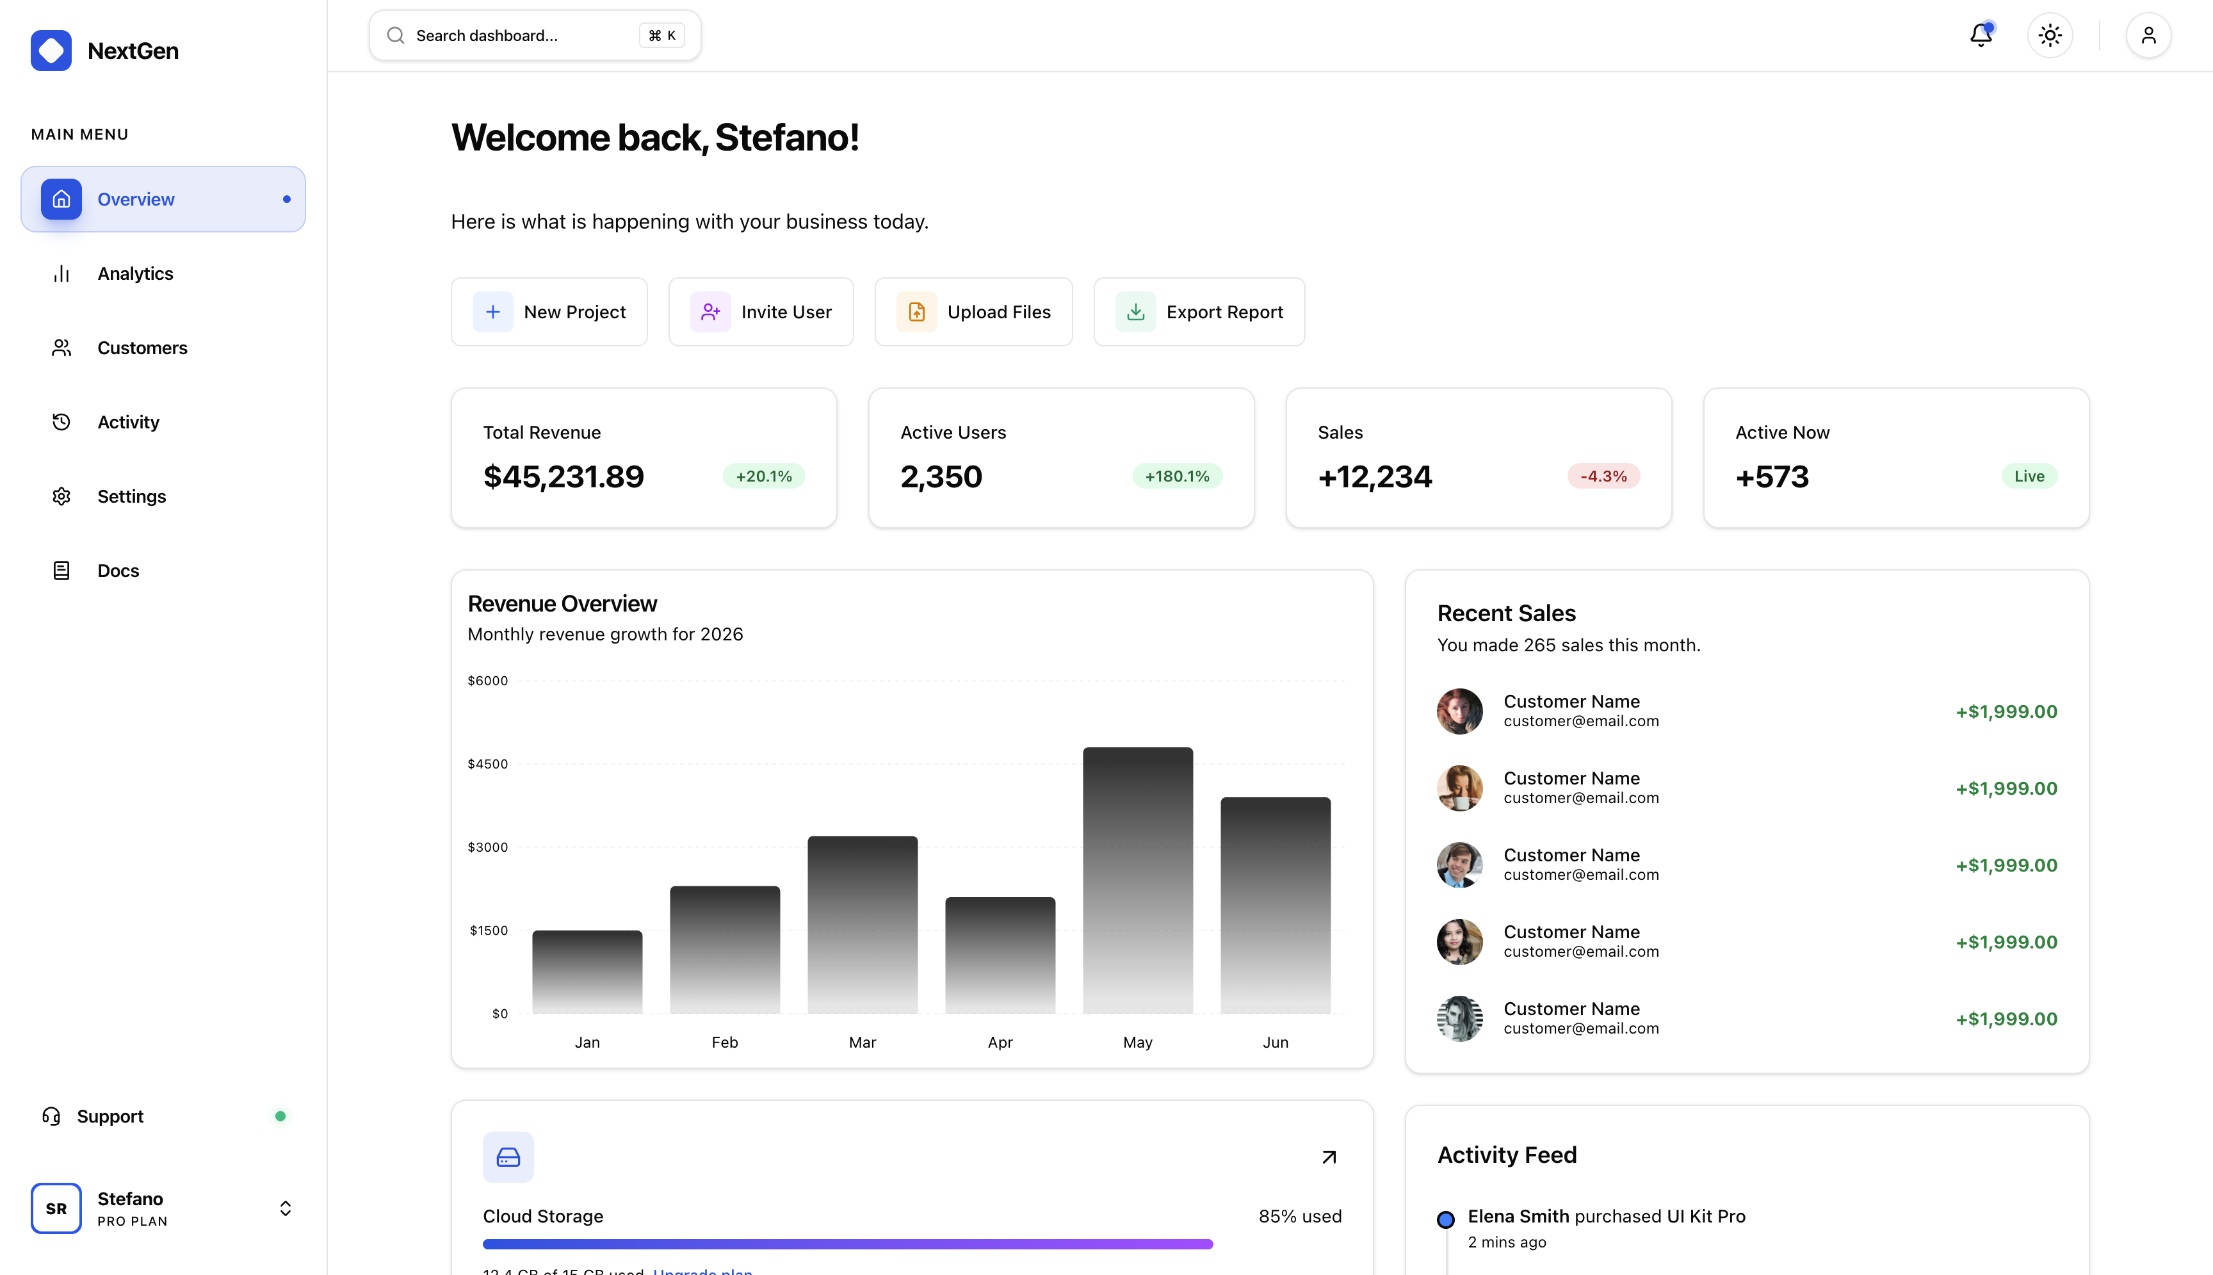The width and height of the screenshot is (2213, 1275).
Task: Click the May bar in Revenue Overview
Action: pos(1137,880)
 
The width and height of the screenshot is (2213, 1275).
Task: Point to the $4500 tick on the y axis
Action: pos(487,763)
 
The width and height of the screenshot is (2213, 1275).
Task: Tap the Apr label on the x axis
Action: pos(1000,1042)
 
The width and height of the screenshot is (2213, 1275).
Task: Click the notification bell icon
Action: pos(1980,35)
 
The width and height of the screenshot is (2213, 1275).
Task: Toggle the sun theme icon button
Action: pos(2049,35)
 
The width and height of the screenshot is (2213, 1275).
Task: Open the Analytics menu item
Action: pos(135,273)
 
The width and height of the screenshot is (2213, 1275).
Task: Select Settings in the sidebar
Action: pos(131,496)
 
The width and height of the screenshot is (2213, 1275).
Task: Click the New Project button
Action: pos(549,312)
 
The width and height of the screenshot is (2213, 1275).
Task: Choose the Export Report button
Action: pos(1199,312)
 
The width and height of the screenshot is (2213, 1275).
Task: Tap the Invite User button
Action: pos(761,312)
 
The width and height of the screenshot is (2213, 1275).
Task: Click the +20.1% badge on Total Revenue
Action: pos(763,476)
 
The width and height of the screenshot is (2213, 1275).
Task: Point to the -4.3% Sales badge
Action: pos(1603,476)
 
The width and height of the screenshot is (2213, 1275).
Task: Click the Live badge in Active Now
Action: pos(2029,476)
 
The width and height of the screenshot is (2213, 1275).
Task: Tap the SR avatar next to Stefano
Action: pos(56,1208)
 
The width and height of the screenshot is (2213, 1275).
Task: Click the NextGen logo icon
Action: pos(51,50)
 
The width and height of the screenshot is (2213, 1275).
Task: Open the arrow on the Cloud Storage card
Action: pos(1328,1157)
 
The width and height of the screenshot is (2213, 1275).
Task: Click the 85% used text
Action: pos(1299,1216)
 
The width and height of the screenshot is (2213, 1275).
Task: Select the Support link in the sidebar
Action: pos(109,1116)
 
